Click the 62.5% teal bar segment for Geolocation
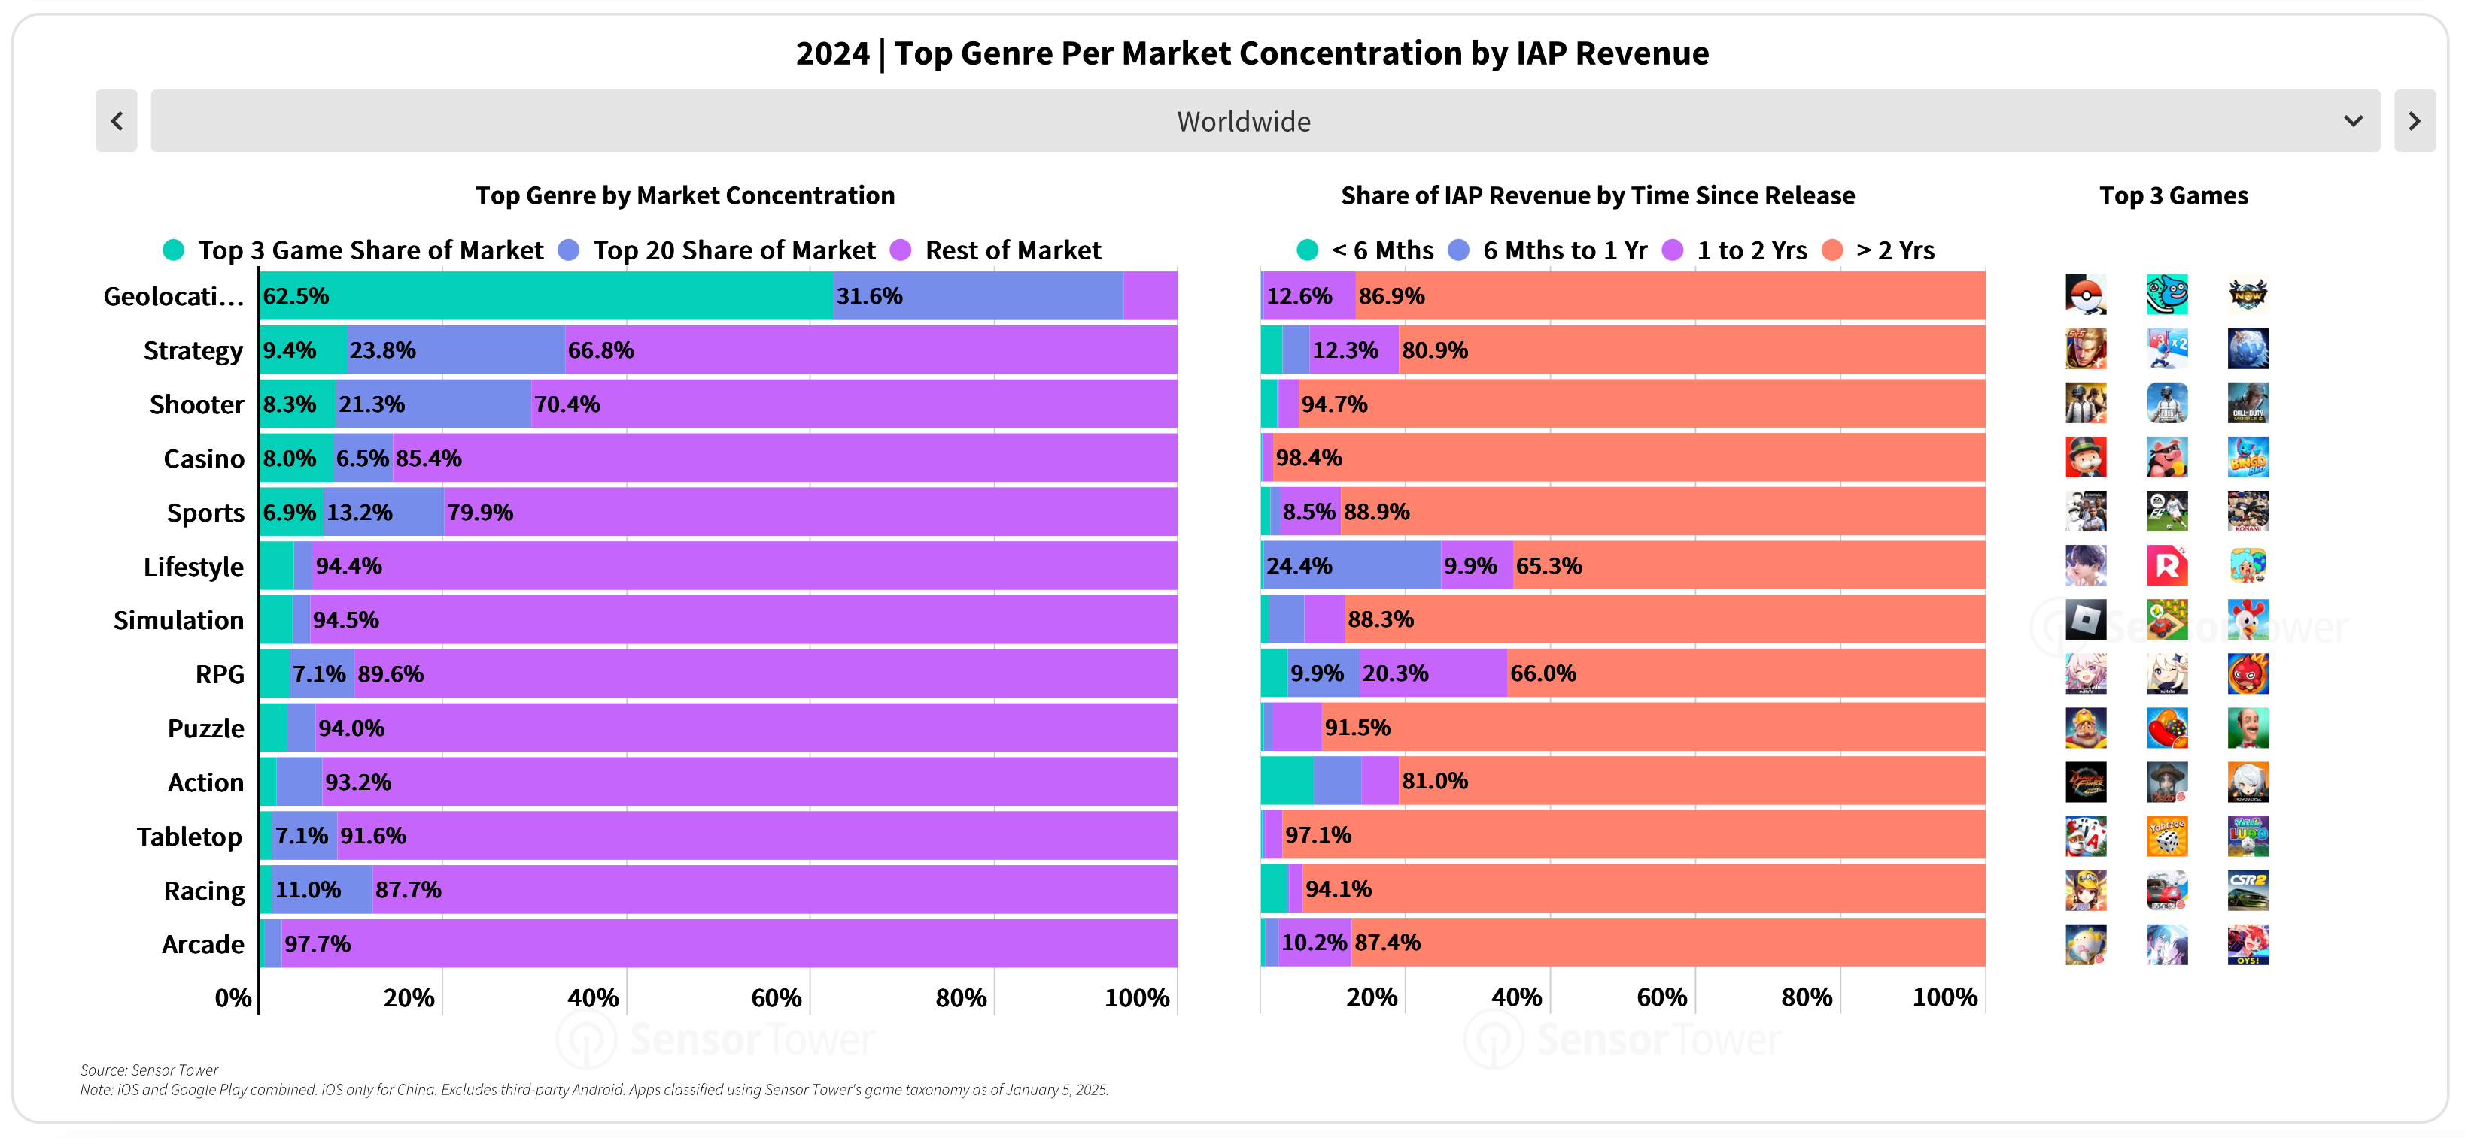point(546,296)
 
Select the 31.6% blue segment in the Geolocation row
point(978,296)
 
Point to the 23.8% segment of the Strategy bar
point(455,350)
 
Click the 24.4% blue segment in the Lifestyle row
point(1351,566)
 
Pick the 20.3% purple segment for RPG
point(1433,674)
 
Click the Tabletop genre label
point(190,837)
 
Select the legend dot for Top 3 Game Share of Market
point(173,250)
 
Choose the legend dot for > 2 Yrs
point(1832,250)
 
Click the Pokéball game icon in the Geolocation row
point(2085,295)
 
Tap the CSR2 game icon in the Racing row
point(2247,890)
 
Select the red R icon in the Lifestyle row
point(2166,566)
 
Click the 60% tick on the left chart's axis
point(776,998)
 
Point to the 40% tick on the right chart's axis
point(1515,997)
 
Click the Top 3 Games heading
point(2173,196)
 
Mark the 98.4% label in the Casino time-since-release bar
point(1308,458)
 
